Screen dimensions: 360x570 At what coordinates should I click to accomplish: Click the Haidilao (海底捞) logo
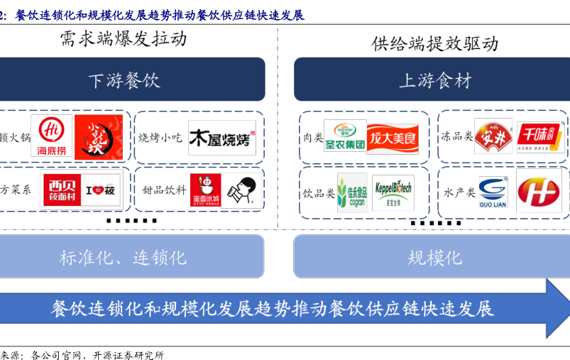click(x=51, y=136)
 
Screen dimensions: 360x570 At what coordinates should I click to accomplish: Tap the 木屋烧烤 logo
click(x=221, y=138)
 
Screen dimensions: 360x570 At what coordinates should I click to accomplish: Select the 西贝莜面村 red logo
click(x=62, y=190)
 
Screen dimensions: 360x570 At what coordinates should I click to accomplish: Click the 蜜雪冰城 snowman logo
click(x=205, y=190)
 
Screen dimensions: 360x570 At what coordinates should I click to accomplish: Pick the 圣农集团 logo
click(x=345, y=136)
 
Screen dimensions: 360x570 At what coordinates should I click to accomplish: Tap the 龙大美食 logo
click(x=393, y=136)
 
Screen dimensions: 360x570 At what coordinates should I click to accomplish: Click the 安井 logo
click(x=493, y=136)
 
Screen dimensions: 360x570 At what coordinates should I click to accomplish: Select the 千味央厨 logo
click(x=539, y=136)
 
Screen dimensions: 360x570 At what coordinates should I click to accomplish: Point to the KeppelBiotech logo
click(x=393, y=192)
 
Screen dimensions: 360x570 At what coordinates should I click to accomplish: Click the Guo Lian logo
click(x=493, y=192)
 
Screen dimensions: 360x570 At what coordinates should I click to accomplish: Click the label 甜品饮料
click(x=164, y=190)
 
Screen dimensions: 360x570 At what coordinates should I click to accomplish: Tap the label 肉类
click(x=312, y=136)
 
